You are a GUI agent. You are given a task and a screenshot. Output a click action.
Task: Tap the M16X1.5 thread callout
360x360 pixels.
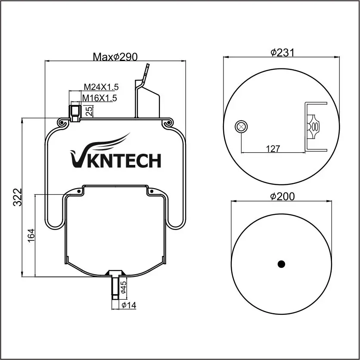[99, 98]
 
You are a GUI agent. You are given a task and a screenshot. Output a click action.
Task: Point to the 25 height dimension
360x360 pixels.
[89, 111]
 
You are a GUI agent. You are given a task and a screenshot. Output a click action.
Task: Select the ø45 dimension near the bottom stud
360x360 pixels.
[123, 287]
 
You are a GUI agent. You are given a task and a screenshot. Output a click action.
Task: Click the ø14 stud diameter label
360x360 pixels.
[129, 305]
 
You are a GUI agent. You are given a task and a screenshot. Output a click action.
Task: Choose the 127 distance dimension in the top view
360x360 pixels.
[273, 149]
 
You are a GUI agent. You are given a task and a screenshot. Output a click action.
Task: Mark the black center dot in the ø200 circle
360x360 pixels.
[282, 264]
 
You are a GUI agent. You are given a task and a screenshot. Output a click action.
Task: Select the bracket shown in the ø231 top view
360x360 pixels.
[315, 127]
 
